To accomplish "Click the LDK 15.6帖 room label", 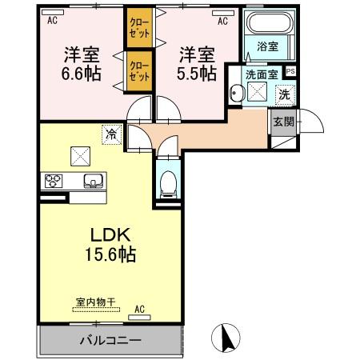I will click(110, 246).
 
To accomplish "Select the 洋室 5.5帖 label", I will click(195, 64).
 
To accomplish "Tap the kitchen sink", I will click(93, 180).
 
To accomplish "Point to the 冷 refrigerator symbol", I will click(109, 134).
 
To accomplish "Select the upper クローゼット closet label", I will click(138, 30).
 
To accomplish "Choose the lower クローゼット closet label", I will click(138, 71).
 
